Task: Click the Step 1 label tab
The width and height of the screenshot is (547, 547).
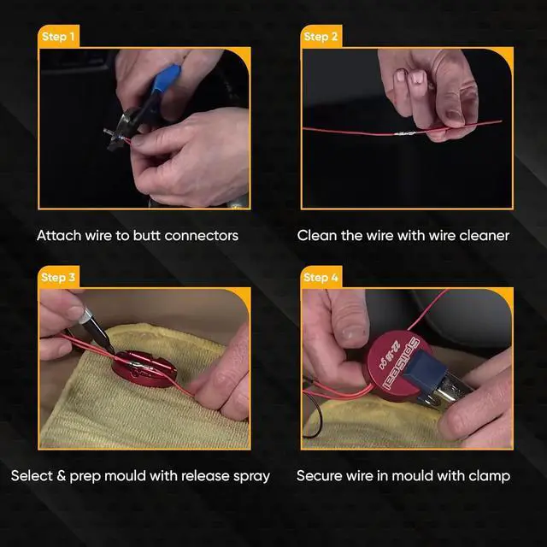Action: click(58, 36)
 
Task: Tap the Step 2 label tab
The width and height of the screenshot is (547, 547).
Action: click(321, 36)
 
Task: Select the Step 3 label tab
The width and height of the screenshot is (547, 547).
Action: click(58, 277)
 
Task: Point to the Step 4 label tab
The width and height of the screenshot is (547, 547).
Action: click(321, 277)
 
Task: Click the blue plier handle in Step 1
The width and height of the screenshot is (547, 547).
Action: click(167, 80)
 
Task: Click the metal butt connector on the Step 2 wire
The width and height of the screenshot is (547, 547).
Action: click(405, 133)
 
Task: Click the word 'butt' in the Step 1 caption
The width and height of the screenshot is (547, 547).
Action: click(146, 236)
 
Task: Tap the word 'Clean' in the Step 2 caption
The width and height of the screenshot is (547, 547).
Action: click(317, 236)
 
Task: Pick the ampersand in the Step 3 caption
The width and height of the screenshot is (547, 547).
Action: click(61, 476)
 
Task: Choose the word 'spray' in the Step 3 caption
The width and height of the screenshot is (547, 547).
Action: click(251, 477)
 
